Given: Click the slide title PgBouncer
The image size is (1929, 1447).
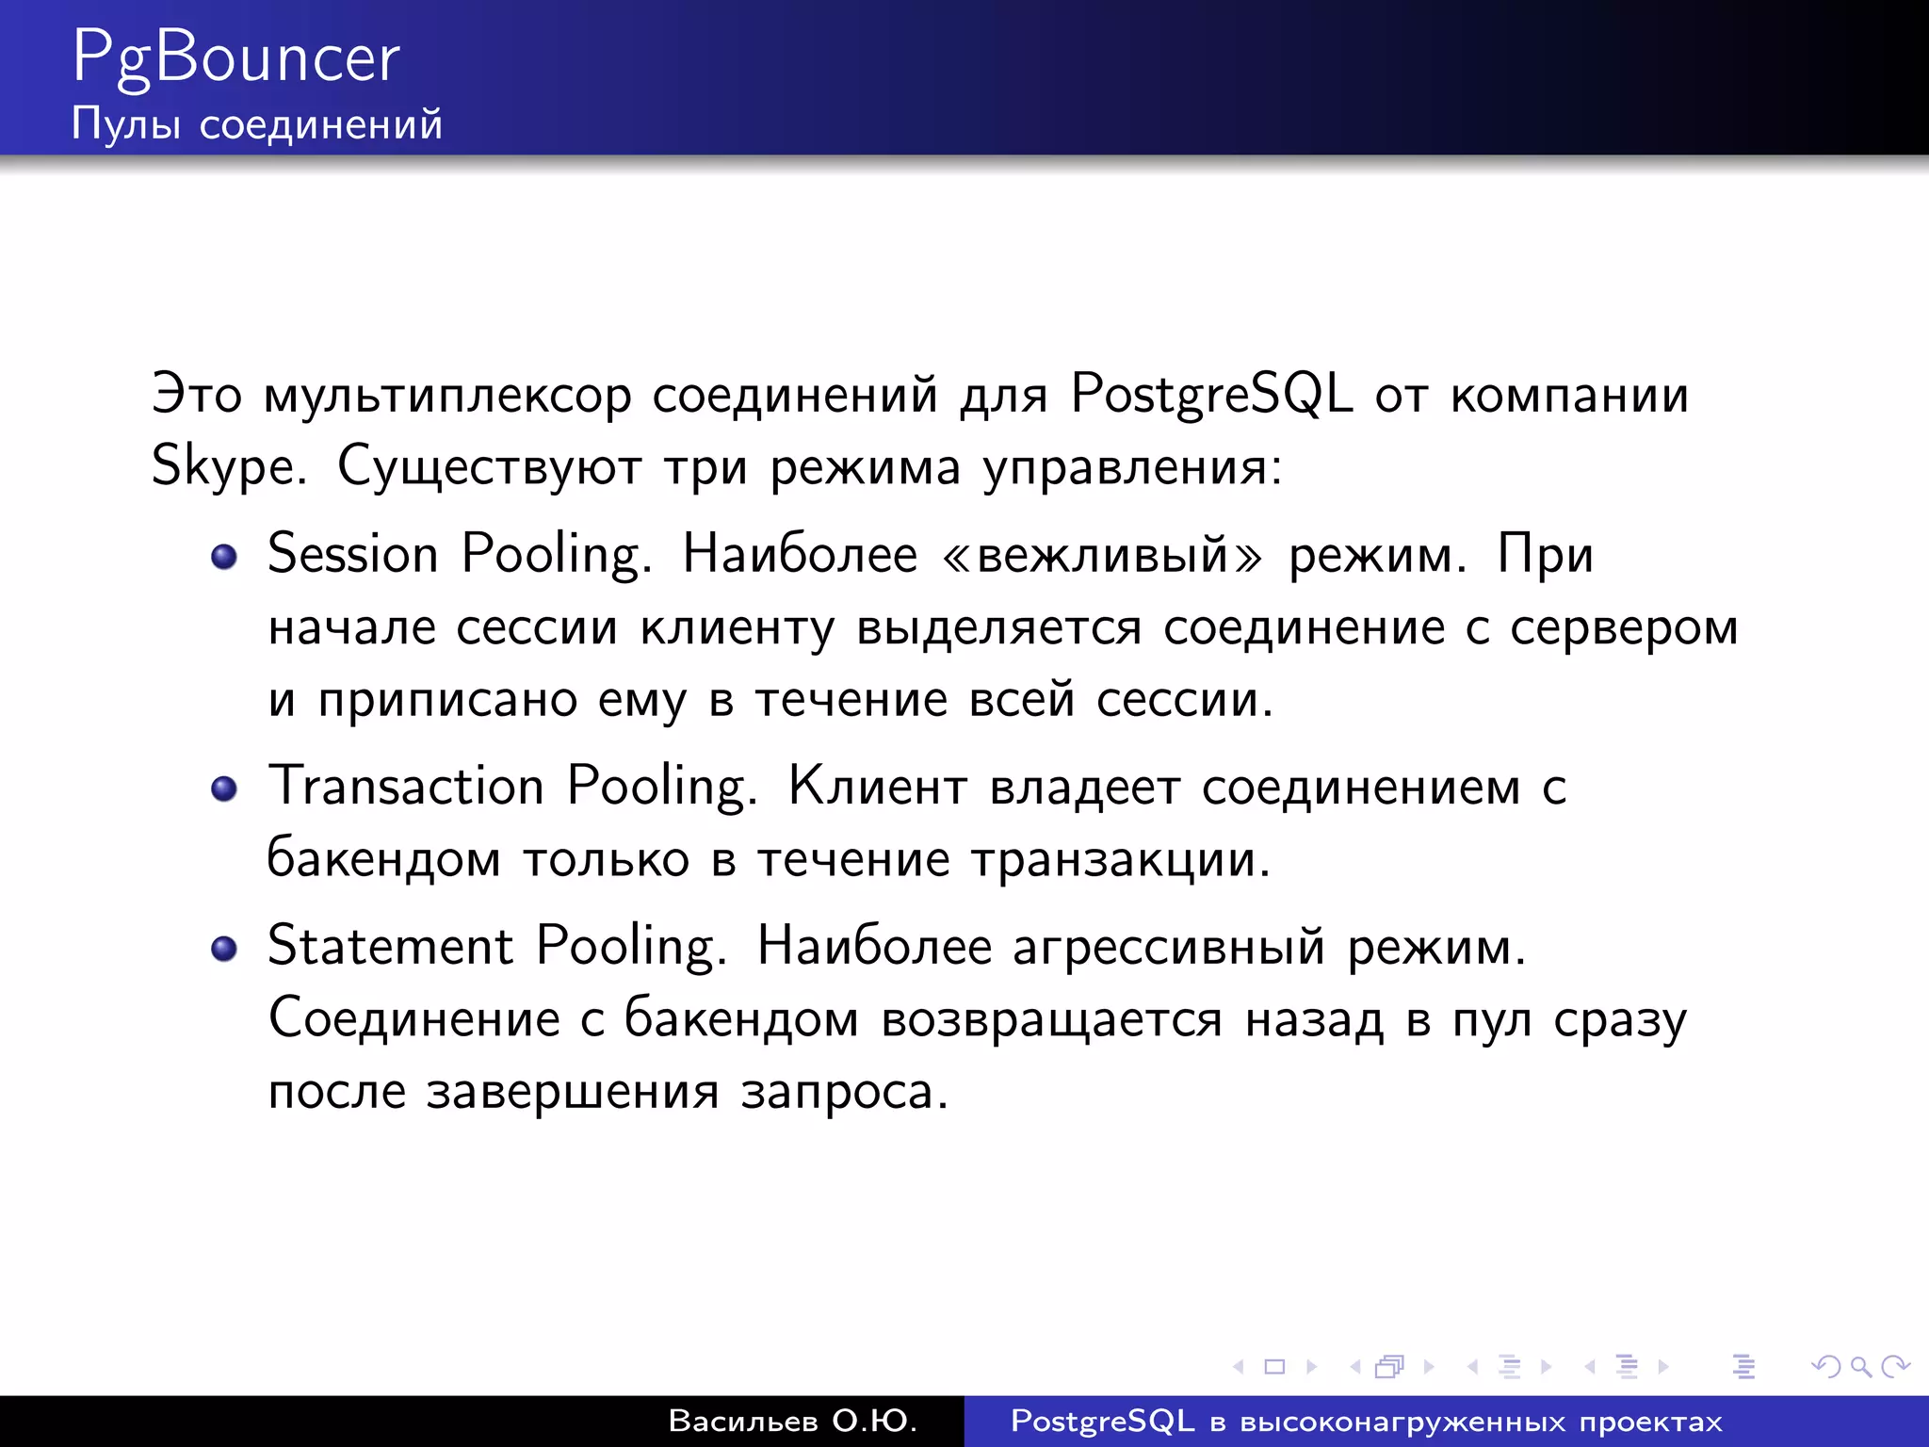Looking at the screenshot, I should [x=235, y=58].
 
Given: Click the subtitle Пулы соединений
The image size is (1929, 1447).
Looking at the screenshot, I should [x=256, y=124].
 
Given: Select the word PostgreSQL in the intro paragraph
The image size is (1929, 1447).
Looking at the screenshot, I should [x=1211, y=394].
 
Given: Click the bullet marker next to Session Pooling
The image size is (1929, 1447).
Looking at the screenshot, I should [x=224, y=557].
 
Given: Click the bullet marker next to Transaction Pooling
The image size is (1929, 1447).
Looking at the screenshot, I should [x=224, y=789].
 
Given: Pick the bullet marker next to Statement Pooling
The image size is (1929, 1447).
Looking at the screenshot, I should [x=224, y=949].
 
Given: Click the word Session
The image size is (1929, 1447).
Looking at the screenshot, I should [x=353, y=554].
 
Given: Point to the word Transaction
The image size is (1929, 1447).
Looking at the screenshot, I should [x=406, y=786].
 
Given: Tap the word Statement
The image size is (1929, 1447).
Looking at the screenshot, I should [x=390, y=946].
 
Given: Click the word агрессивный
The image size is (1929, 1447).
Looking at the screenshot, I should [x=1168, y=948].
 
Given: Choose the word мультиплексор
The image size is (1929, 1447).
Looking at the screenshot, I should [x=447, y=396].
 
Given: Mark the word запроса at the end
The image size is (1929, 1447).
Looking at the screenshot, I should [x=843, y=1093].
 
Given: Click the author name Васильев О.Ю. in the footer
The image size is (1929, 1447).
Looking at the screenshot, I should [x=792, y=1422].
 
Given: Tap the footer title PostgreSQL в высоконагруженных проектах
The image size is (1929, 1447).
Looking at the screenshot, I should [x=1366, y=1422].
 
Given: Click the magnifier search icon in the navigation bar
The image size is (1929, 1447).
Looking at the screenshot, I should [x=1860, y=1366].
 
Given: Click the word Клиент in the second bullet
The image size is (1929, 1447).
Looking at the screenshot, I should [x=878, y=787].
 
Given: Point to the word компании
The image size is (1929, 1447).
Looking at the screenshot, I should [x=1569, y=396].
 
